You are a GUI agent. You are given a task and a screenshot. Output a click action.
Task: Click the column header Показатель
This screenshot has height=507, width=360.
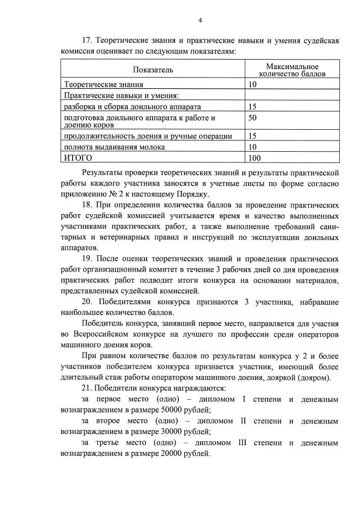point(153,70)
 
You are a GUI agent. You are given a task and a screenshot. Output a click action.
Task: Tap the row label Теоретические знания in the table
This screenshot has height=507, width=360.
point(103,84)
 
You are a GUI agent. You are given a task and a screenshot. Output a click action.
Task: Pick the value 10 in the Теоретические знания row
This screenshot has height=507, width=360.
point(252,84)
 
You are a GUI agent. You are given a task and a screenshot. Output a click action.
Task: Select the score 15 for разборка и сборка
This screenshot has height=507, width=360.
point(252,106)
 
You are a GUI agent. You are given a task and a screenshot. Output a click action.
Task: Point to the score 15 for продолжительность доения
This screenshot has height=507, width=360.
point(252,135)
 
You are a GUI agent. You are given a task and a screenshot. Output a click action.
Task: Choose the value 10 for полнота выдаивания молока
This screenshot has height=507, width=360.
point(252,147)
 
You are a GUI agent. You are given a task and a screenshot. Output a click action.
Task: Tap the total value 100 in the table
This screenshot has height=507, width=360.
point(254,158)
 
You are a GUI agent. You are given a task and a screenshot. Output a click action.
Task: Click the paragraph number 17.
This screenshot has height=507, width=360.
point(87,42)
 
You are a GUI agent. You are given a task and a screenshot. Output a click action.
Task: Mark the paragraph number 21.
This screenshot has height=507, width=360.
point(87,388)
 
